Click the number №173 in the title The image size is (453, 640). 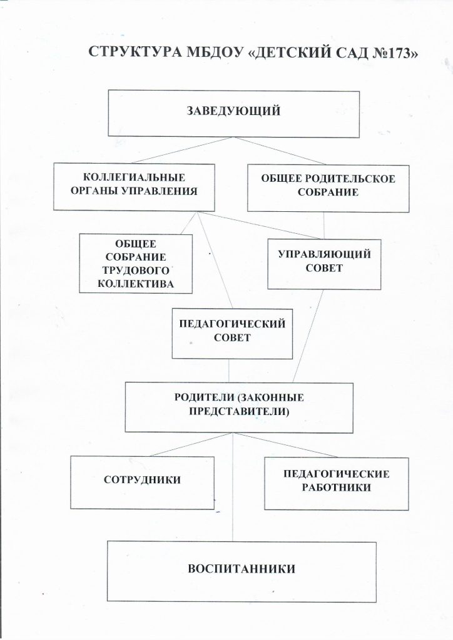[x=390, y=53]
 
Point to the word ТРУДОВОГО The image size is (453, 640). [x=136, y=270]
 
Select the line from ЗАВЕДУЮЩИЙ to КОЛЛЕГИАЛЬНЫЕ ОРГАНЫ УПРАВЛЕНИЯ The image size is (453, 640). [x=182, y=150]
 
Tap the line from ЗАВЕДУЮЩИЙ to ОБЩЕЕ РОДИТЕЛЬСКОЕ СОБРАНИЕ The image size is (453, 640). [x=280, y=151]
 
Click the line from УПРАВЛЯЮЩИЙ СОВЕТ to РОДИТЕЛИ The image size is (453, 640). [x=308, y=336]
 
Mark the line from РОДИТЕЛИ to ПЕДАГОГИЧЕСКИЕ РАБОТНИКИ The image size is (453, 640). [x=285, y=445]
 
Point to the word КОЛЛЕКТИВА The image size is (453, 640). [x=136, y=284]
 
